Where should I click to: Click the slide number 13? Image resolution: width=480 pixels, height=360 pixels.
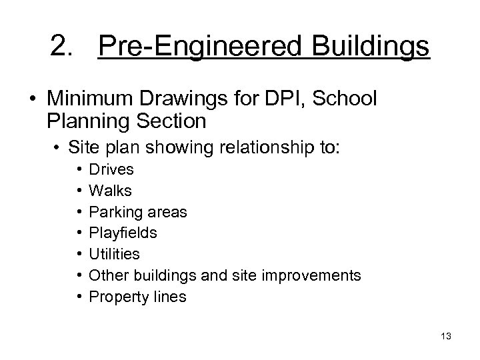pos(446,336)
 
